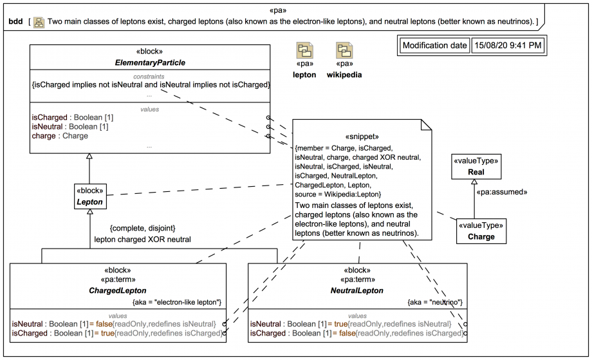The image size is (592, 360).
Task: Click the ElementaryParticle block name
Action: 150,63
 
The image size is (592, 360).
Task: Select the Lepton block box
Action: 89,196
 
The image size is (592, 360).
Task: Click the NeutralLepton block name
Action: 356,290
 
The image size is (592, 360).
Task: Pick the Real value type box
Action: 476,167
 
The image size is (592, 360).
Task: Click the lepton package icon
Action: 304,51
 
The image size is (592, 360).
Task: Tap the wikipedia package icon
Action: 344,51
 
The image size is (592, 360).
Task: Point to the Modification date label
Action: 434,46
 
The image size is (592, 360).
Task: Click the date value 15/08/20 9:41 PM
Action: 508,46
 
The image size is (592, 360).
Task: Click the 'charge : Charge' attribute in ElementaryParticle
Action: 60,136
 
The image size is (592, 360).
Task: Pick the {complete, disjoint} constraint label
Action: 142,228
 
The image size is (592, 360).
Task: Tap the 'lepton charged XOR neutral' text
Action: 142,239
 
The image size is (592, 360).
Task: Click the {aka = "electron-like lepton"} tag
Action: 177,302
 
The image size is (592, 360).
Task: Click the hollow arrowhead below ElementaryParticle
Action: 89,156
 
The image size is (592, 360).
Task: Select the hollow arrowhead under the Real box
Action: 475,182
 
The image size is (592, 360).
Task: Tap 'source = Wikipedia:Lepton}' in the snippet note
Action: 338,194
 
